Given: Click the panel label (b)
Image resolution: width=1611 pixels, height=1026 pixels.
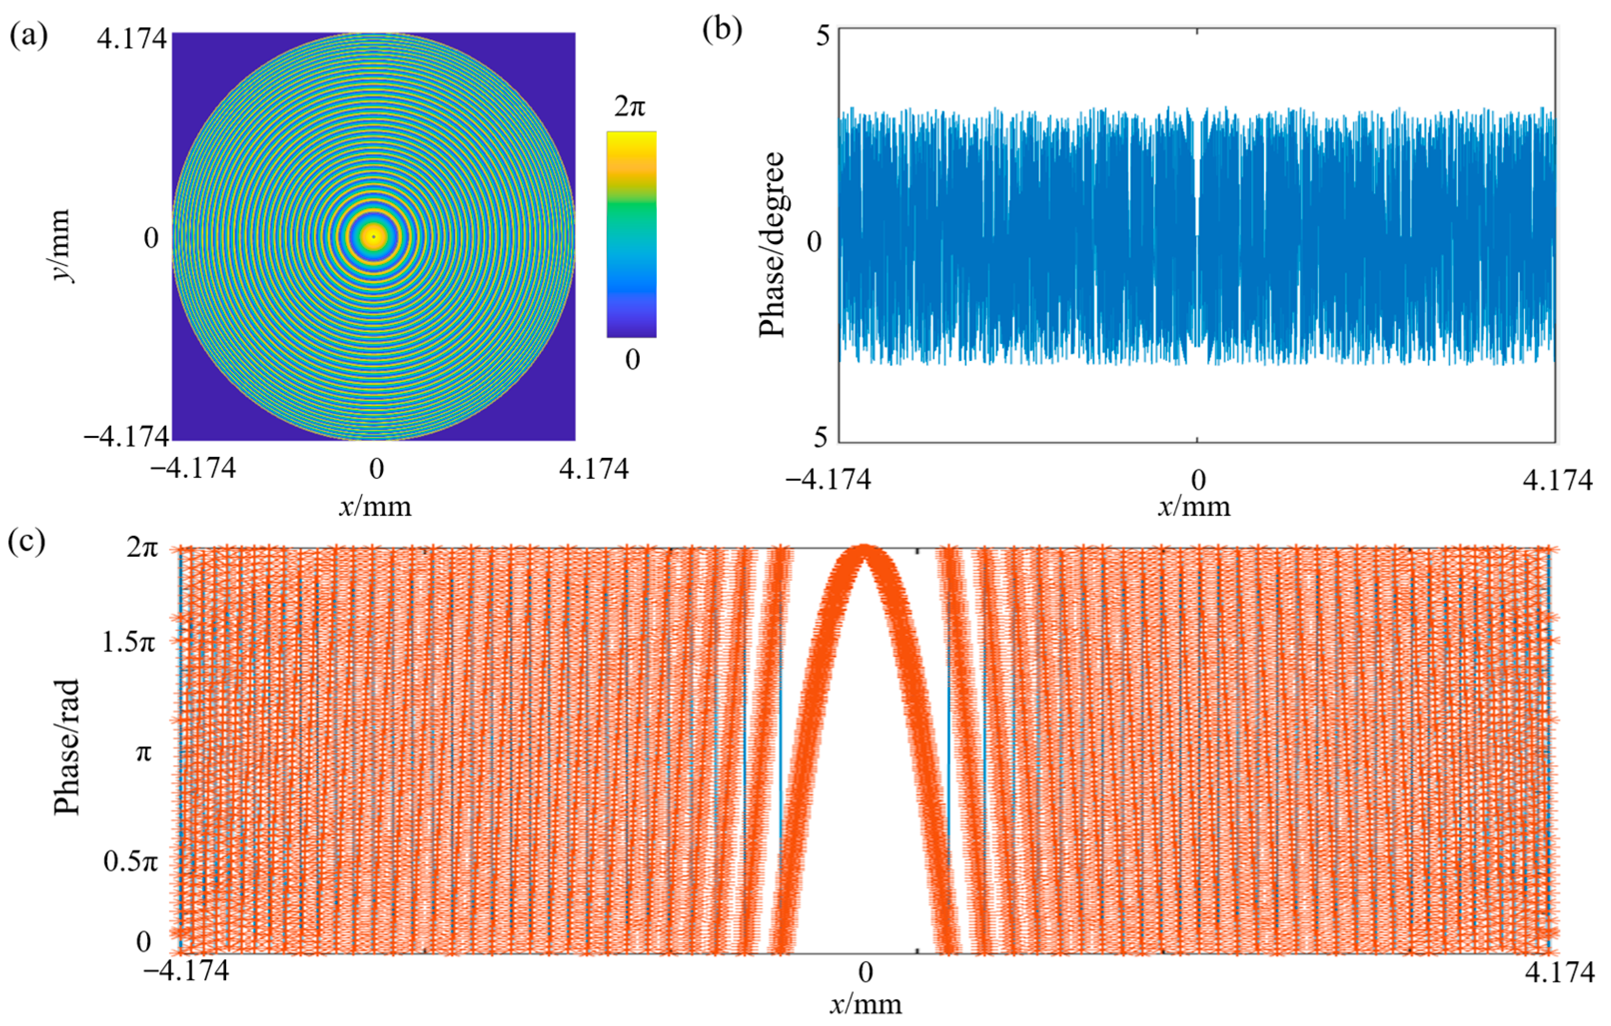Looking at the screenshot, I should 723,31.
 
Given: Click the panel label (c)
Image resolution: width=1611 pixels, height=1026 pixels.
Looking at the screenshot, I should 27,542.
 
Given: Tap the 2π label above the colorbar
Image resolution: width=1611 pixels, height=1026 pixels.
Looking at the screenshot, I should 630,107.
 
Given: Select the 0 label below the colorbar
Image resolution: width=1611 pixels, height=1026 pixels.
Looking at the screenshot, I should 632,360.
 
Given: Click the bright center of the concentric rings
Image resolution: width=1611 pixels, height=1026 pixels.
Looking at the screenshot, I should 374,236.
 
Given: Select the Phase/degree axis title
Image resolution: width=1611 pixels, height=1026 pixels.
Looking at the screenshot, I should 773,244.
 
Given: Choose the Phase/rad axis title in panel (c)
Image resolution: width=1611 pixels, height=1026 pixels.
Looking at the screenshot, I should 67,747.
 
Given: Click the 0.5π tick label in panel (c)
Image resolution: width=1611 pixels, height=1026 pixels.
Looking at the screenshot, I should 130,861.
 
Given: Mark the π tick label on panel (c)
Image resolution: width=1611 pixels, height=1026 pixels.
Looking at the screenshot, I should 143,753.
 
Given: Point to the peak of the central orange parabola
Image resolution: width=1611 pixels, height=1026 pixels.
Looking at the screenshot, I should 864,549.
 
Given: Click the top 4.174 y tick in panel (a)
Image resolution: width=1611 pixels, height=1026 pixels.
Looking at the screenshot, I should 131,39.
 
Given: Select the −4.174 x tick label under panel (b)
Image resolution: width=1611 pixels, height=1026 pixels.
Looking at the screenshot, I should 828,480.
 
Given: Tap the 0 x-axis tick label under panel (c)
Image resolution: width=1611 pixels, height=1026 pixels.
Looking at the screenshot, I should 865,973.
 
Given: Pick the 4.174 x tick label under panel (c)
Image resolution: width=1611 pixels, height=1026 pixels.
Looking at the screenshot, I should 1560,973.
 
